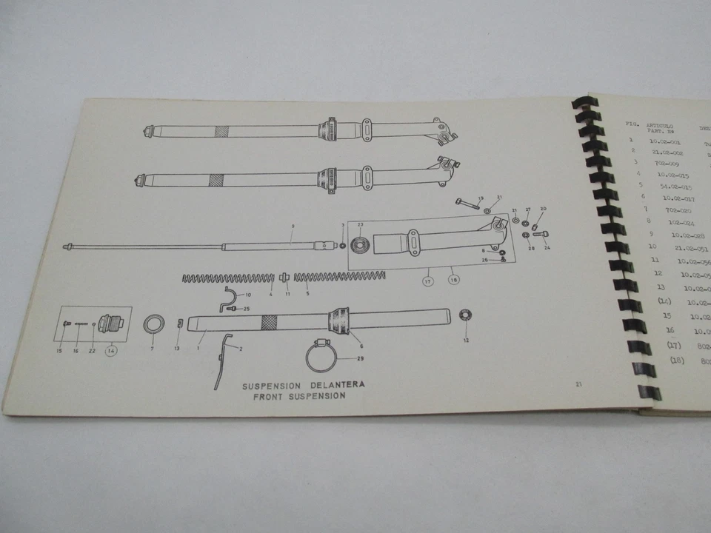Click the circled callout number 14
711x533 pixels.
point(111,352)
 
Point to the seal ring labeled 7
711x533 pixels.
point(154,324)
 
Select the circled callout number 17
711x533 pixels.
point(428,281)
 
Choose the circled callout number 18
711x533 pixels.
point(453,281)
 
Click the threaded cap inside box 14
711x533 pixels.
point(117,325)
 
